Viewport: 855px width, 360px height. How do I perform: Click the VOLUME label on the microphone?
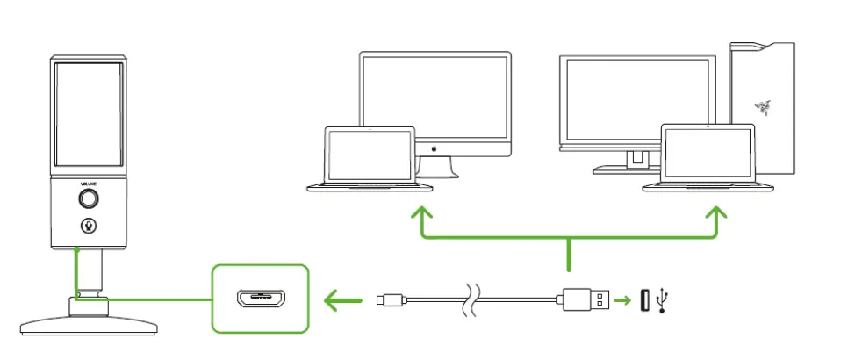(88, 184)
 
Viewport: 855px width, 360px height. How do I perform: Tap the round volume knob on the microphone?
(88, 198)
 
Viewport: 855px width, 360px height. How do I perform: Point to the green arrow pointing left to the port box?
(342, 302)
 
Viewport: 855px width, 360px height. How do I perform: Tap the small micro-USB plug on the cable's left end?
(385, 301)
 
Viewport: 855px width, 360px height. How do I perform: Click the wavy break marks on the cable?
(471, 301)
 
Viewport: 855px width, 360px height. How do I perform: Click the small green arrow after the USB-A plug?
(624, 301)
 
